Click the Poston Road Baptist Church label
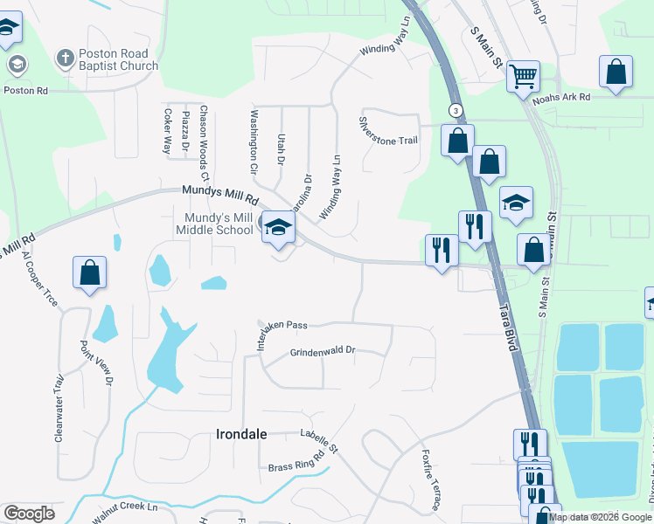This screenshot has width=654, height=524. pyautogui.click(x=118, y=59)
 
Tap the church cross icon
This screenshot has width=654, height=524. pyautogui.click(x=64, y=59)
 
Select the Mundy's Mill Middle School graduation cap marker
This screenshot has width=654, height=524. pyautogui.click(x=279, y=228)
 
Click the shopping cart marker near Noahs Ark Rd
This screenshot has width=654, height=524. pyautogui.click(x=523, y=76)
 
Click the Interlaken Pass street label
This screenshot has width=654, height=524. pyautogui.click(x=282, y=327)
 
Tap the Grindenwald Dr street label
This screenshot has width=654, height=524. pyautogui.click(x=323, y=351)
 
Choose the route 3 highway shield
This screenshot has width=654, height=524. pyautogui.click(x=456, y=110)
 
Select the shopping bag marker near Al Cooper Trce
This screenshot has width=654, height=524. pyautogui.click(x=89, y=272)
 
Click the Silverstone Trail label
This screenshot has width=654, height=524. pyautogui.click(x=388, y=135)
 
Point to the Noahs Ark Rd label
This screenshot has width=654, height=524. pyautogui.click(x=561, y=98)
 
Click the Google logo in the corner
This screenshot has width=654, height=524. pyautogui.click(x=29, y=514)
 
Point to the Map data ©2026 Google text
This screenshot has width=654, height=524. pyautogui.click(x=599, y=517)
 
